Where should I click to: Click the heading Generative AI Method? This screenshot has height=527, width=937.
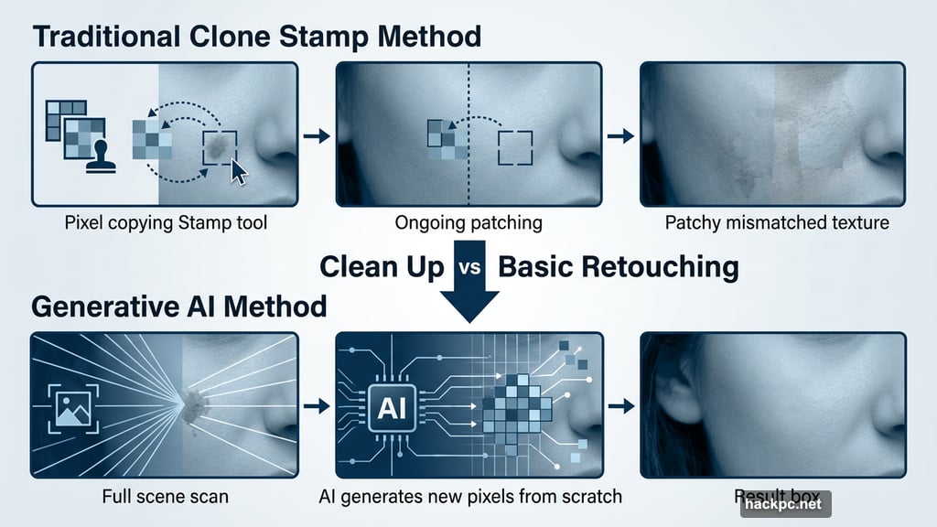pos(178,305)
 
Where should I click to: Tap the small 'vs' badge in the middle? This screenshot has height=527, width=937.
pos(473,267)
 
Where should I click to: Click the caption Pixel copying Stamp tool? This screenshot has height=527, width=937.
pos(164,222)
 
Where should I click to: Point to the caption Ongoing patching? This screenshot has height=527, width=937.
pos(468,222)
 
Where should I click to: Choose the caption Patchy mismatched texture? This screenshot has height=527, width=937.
pos(777,222)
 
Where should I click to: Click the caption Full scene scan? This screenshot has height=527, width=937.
pos(164,497)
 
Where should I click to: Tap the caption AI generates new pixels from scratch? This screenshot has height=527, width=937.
pos(468,497)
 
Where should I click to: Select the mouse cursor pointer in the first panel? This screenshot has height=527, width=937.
pos(240,171)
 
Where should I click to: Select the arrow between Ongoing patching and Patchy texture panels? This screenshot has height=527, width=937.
pos(621,135)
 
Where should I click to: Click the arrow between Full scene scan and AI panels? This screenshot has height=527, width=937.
pos(316,405)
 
